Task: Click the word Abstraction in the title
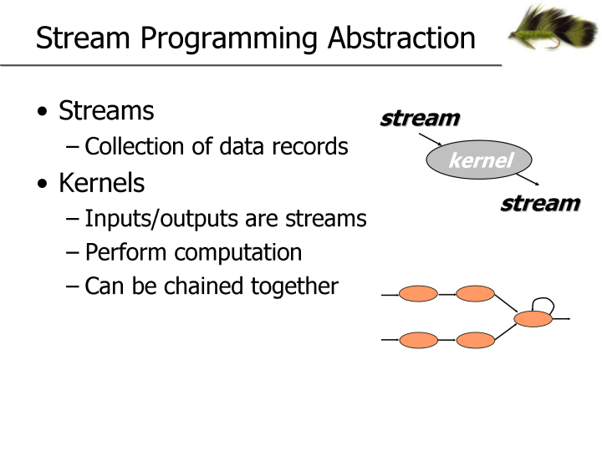(401, 38)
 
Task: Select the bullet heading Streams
(106, 110)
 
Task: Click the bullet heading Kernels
(101, 182)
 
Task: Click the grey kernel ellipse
(479, 160)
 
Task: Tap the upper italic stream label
(420, 118)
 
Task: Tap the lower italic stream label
(540, 203)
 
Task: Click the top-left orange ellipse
(418, 294)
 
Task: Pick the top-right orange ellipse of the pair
(476, 294)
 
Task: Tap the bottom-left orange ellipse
(418, 340)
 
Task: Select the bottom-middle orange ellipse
(476, 340)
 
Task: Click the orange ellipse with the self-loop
(533, 318)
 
